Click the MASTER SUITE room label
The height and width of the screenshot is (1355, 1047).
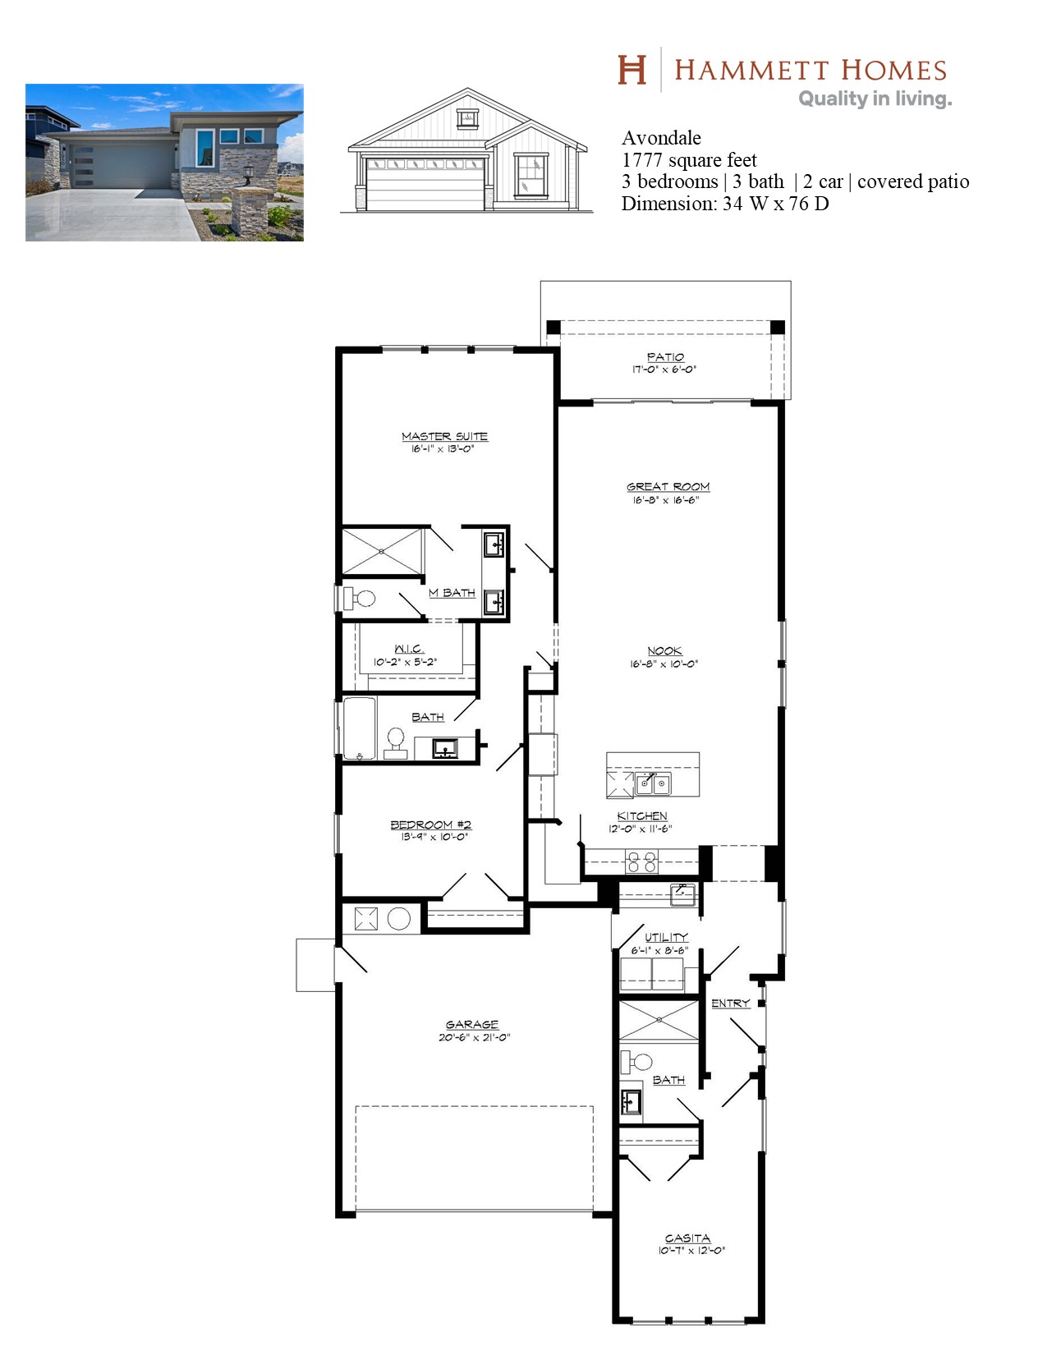point(444,437)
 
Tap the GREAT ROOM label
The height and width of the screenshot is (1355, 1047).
point(668,486)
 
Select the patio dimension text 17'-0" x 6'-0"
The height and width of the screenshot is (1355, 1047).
point(664,370)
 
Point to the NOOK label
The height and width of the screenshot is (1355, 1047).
point(664,650)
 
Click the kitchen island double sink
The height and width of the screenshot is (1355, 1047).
point(653,783)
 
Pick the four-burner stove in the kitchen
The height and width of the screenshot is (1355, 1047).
point(641,861)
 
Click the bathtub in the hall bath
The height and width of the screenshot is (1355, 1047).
point(359,728)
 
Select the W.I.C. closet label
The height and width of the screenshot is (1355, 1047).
point(409,649)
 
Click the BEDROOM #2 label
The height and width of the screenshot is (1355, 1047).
point(431,824)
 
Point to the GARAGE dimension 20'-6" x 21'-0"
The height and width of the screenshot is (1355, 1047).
point(474,1037)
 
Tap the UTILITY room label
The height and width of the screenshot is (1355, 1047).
point(666,937)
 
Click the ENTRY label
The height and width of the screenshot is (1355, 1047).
point(730,1004)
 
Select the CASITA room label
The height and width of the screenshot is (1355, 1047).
point(687,1238)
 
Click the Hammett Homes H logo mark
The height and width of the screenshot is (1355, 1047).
point(631,70)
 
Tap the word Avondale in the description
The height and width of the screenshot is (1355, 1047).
point(661,138)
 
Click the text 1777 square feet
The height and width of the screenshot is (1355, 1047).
point(689,160)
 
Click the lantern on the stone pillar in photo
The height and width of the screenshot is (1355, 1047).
point(248,174)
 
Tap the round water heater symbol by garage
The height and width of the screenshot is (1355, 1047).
point(399,918)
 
